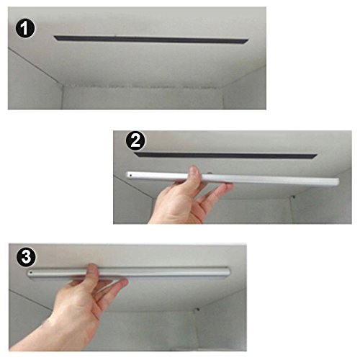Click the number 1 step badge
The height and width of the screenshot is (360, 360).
point(25,28)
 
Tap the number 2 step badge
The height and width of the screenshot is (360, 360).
point(135,141)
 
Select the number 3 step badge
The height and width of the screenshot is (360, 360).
point(26,257)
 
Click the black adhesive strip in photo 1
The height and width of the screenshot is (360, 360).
point(151,40)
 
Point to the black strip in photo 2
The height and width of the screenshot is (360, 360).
point(225,156)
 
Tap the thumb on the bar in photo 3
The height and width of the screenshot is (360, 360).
point(92,270)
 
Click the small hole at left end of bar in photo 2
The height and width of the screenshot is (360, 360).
point(130,176)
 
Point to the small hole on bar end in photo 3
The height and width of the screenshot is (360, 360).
point(31,273)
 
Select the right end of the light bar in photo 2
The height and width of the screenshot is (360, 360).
point(337,181)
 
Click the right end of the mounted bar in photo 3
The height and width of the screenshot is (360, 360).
point(228,272)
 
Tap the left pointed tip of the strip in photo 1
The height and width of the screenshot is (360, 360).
point(54,37)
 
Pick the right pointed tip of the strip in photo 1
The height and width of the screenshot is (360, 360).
point(248,40)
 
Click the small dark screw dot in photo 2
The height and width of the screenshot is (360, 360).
point(293,197)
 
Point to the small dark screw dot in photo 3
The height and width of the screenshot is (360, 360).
point(198,310)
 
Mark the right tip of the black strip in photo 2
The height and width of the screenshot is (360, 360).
point(317,156)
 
